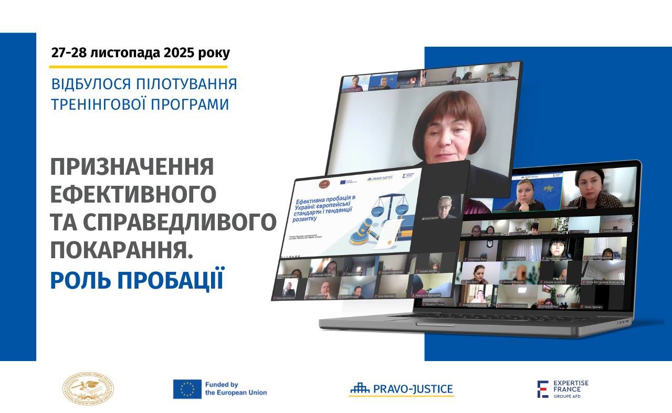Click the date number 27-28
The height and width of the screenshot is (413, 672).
[x=69, y=53]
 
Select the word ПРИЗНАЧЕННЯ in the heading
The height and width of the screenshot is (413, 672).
[x=132, y=167]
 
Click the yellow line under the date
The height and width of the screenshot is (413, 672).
[x=138, y=67]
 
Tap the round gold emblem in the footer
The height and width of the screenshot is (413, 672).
[x=88, y=389]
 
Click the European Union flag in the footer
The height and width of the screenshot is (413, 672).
[x=187, y=389]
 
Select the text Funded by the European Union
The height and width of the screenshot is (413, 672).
[x=236, y=389]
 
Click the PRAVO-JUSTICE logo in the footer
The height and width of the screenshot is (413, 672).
[x=401, y=389]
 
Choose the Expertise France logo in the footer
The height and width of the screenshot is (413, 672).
[x=562, y=389]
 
